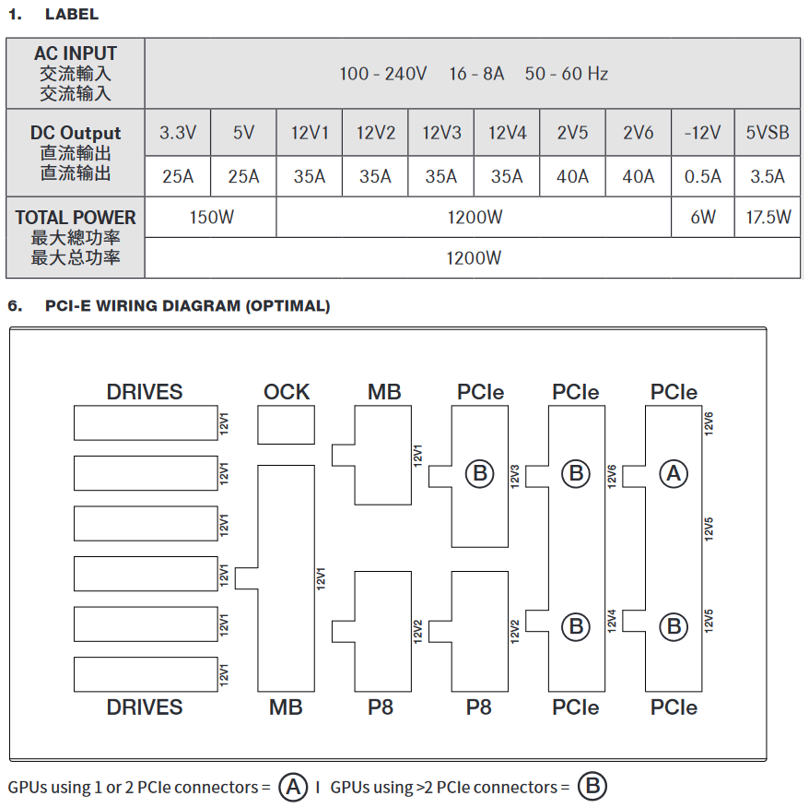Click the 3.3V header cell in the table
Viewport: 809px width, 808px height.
point(178,133)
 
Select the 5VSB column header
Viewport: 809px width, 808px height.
point(768,133)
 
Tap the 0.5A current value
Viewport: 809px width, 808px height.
point(703,176)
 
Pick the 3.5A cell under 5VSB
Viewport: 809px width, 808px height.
point(768,176)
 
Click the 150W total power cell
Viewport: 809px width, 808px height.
point(211,218)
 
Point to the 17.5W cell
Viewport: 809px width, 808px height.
point(768,218)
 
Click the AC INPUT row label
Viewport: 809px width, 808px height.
point(76,53)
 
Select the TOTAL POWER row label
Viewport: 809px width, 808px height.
point(76,218)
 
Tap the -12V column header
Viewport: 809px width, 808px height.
point(703,133)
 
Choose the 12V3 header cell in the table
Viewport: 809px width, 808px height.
point(441,133)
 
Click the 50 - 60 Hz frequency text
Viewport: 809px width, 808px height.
point(567,74)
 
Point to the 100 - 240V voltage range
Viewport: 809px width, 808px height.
point(382,74)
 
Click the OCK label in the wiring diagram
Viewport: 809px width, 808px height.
point(287,392)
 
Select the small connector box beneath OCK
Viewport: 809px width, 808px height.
point(286,426)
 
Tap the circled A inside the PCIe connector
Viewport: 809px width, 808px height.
point(674,473)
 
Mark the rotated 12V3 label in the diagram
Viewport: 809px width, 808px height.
point(515,474)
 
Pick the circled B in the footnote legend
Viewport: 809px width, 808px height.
point(592,787)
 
